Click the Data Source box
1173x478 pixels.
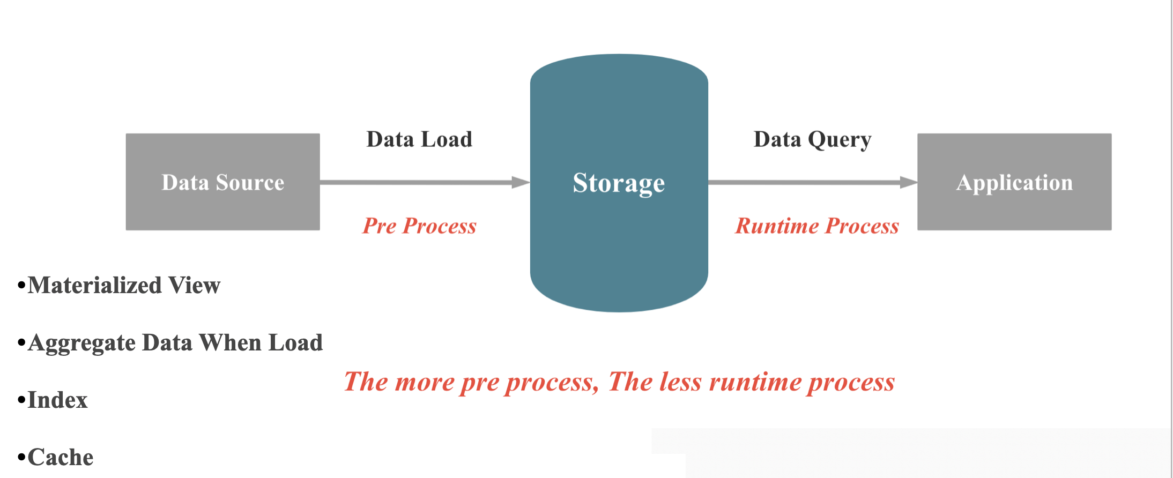[222, 182]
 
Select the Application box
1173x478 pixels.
[1014, 182]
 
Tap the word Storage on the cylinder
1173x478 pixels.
[619, 183]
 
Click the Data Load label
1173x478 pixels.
[419, 139]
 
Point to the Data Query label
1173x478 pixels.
[812, 139]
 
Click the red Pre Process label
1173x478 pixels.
[419, 226]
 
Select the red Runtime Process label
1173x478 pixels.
[816, 226]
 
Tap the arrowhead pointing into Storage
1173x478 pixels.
[521, 182]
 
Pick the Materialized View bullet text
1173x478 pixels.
[124, 285]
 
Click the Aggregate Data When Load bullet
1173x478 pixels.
[175, 342]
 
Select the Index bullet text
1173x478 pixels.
[57, 400]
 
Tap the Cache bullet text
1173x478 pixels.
[61, 457]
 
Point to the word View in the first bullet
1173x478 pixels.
[194, 285]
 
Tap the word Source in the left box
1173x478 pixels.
[250, 182]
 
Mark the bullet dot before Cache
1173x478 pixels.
[21, 457]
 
